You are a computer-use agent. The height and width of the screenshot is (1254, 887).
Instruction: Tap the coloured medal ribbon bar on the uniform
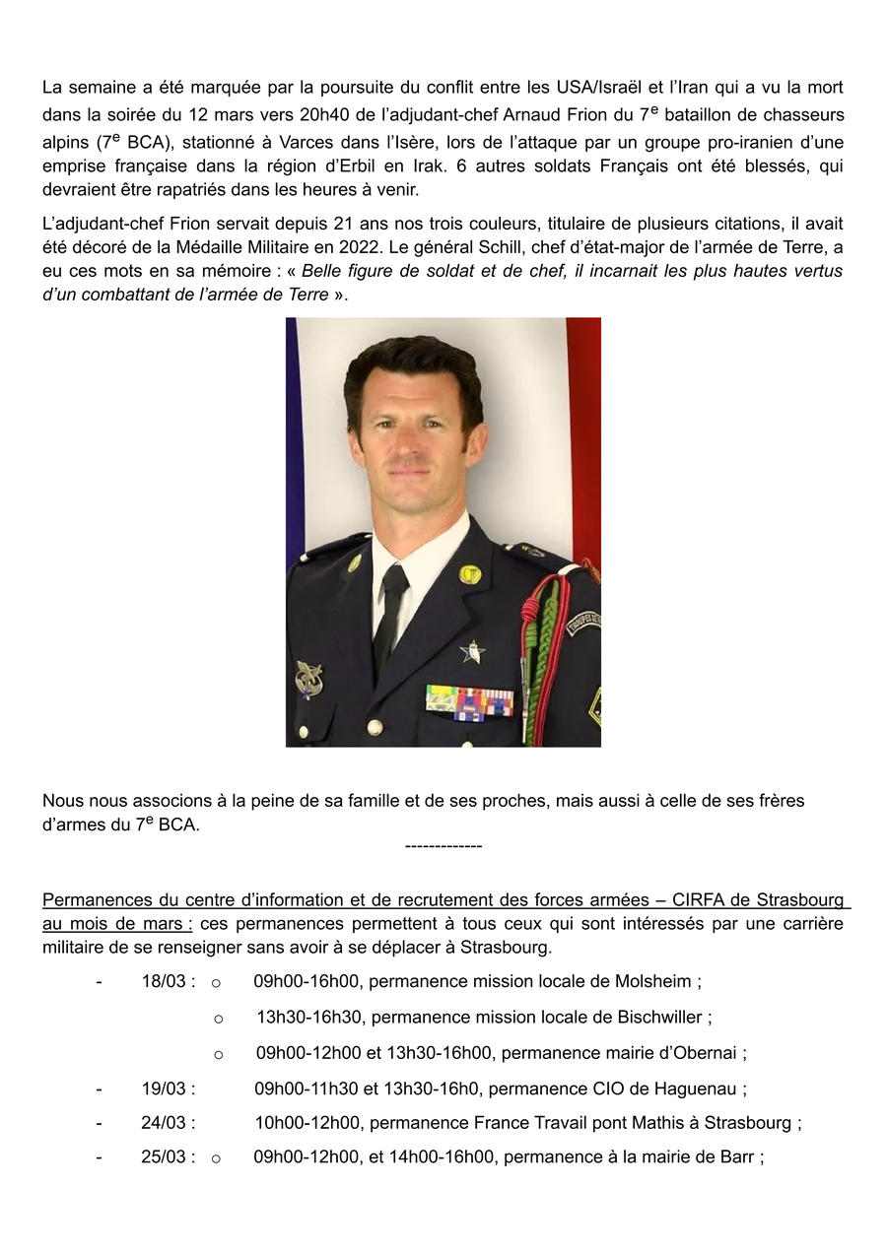pos(469,700)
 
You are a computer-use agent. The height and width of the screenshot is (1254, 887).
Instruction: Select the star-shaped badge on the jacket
pos(472,650)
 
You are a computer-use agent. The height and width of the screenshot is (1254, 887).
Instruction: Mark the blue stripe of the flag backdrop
pos(292,433)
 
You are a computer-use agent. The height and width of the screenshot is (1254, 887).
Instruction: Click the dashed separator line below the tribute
pos(443,846)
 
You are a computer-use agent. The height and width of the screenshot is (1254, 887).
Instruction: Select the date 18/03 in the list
pos(168,982)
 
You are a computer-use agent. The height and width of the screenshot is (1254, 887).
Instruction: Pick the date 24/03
pos(168,1123)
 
